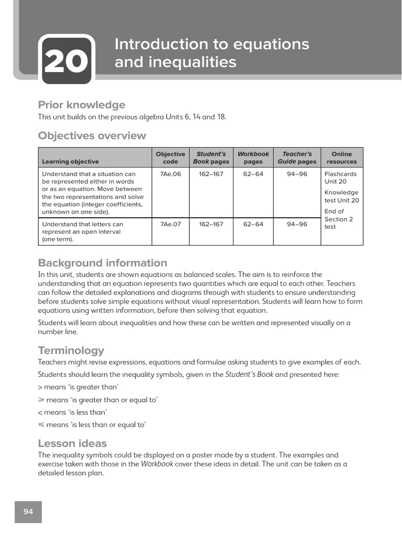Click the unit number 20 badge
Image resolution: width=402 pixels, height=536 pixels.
pyautogui.click(x=66, y=62)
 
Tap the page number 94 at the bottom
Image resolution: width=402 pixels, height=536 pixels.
pyautogui.click(x=28, y=511)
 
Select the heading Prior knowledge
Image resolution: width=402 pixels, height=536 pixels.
pyautogui.click(x=82, y=105)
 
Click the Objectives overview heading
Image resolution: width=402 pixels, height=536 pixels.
pyautogui.click(x=92, y=136)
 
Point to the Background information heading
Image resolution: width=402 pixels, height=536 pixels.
pyautogui.click(x=103, y=263)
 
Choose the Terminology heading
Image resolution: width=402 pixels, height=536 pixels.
pyautogui.click(x=71, y=350)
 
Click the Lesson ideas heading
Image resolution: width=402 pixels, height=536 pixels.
pyautogui.click(x=72, y=443)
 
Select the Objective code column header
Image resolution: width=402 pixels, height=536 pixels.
pyautogui.click(x=171, y=158)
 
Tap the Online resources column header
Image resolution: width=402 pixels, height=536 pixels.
pyautogui.click(x=341, y=158)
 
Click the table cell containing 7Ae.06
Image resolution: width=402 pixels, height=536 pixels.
pyautogui.click(x=171, y=174)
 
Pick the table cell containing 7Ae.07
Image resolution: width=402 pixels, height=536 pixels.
pyautogui.click(x=171, y=224)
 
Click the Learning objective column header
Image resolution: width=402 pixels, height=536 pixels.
pyautogui.click(x=70, y=162)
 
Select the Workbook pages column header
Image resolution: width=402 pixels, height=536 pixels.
pyautogui.click(x=253, y=158)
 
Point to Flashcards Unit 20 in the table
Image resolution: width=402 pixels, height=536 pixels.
pyautogui.click(x=340, y=177)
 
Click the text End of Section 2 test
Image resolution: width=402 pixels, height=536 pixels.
pyautogui.click(x=338, y=219)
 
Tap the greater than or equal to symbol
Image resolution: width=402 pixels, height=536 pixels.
pyautogui.click(x=41, y=400)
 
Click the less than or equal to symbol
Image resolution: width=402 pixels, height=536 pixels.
pyautogui.click(x=41, y=425)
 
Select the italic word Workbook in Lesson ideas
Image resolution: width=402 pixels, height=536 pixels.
pyautogui.click(x=157, y=464)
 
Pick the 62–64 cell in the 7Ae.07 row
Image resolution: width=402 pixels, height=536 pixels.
pyautogui.click(x=253, y=224)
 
